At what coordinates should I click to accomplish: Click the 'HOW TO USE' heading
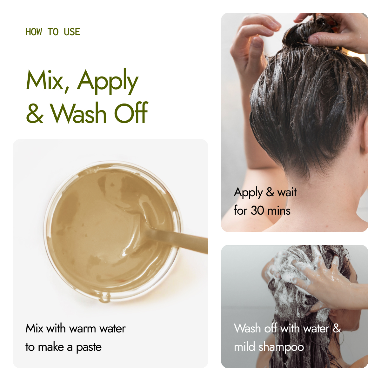pyautogui.click(x=53, y=32)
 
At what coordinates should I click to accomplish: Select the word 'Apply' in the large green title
pyautogui.click(x=108, y=82)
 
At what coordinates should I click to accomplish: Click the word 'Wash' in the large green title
pyautogui.click(x=78, y=113)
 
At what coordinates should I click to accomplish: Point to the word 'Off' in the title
pyautogui.click(x=131, y=112)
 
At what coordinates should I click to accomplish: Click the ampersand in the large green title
pyautogui.click(x=35, y=114)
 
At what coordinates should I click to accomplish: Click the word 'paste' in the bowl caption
pyautogui.click(x=89, y=348)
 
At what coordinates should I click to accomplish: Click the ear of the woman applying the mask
pyautogui.click(x=364, y=134)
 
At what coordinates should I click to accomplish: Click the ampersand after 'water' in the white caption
pyautogui.click(x=337, y=328)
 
